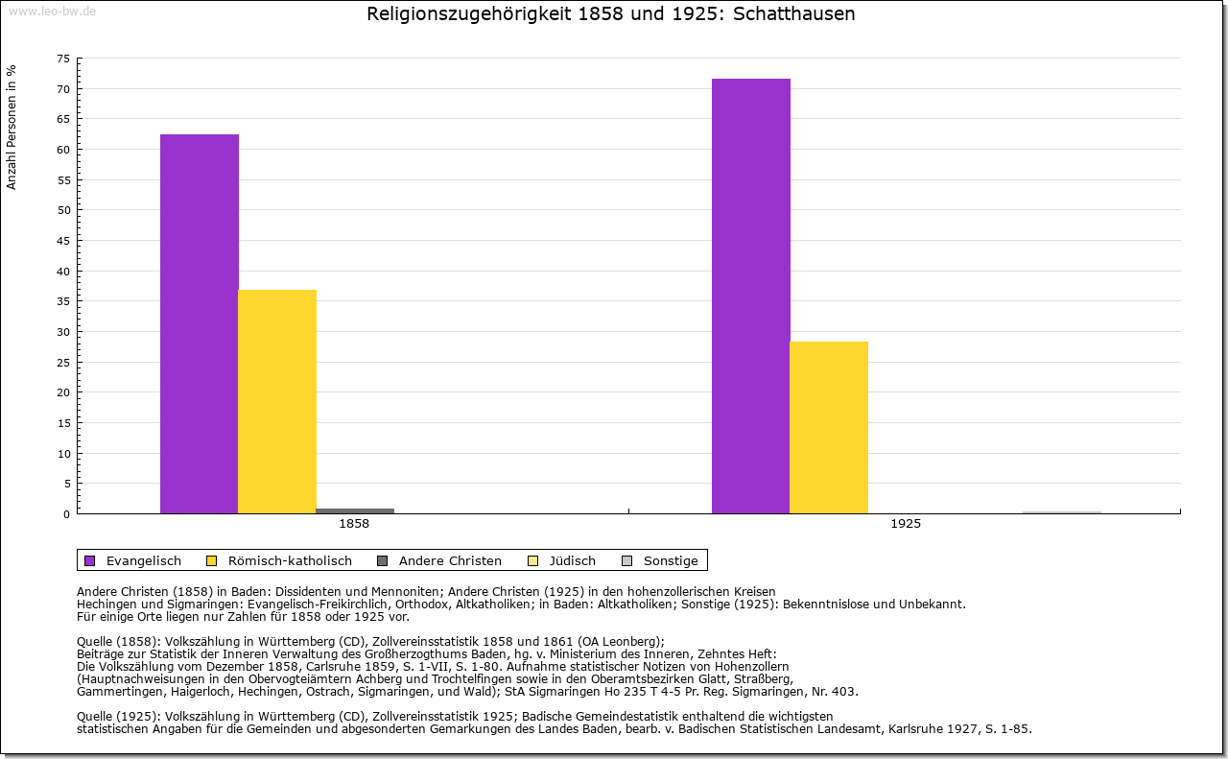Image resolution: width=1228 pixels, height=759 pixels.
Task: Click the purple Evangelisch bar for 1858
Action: (200, 323)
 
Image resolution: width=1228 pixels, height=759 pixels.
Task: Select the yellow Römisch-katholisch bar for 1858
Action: (277, 401)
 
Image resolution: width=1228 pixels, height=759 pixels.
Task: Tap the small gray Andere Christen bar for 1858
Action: (355, 510)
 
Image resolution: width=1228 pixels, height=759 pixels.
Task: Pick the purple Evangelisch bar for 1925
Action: (751, 296)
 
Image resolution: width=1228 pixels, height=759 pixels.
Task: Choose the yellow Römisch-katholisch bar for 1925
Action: (829, 427)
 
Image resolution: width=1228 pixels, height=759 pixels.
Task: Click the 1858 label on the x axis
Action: (354, 524)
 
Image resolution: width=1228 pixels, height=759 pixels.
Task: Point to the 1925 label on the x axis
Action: (906, 524)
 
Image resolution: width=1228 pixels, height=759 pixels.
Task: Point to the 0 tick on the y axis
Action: (66, 514)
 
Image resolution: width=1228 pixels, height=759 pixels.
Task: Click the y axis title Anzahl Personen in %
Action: (12, 127)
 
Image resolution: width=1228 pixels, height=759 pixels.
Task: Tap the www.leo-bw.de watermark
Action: (52, 11)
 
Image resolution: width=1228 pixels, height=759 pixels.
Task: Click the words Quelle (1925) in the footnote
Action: (118, 716)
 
